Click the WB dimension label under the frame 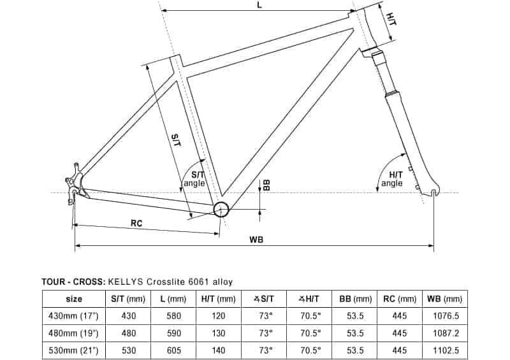256,240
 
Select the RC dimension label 136,224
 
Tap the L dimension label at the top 259,5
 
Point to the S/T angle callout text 194,179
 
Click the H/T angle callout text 392,179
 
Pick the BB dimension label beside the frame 266,185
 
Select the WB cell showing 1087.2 446,333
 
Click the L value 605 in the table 173,350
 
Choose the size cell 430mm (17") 73,316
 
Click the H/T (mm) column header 218,299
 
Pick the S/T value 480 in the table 129,333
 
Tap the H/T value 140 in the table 218,350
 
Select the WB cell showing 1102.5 446,350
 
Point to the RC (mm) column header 400,299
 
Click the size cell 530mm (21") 73,350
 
